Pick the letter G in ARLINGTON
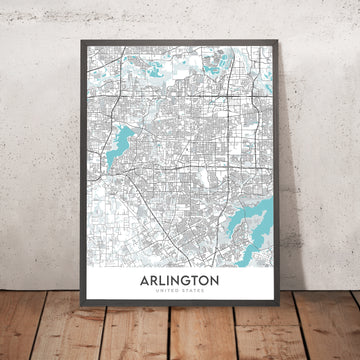(x=185, y=281)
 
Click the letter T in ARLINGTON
(x=197, y=281)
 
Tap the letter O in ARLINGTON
(x=209, y=281)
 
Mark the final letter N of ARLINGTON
(x=222, y=281)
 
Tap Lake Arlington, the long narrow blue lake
(x=119, y=144)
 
